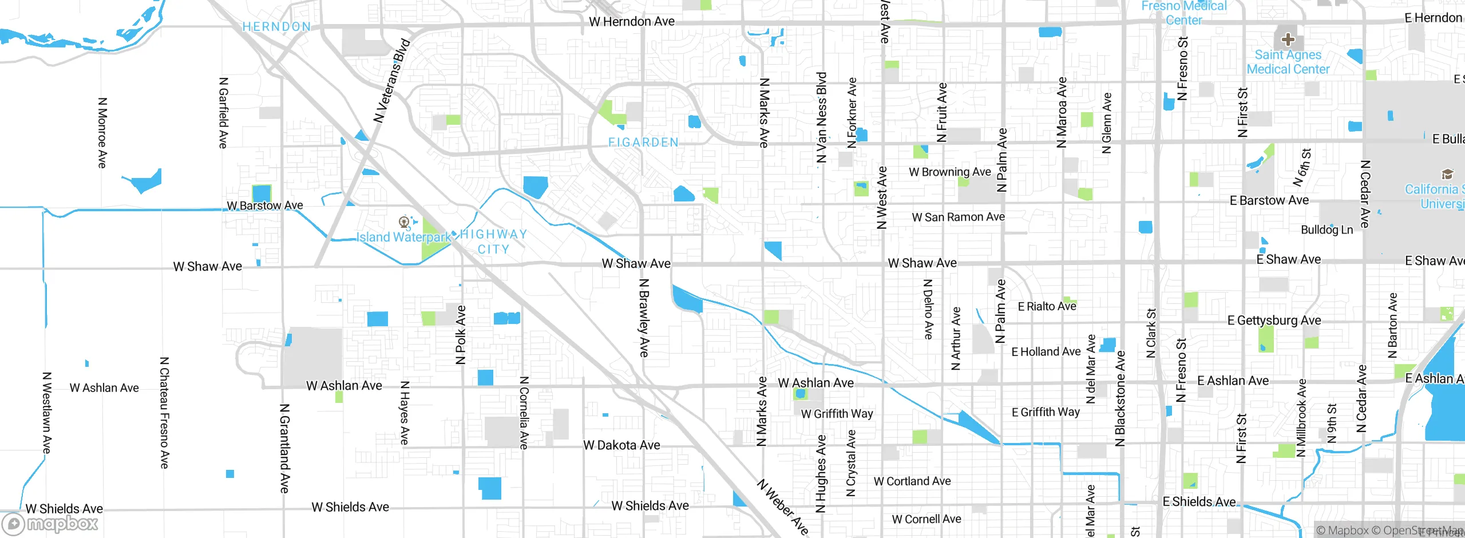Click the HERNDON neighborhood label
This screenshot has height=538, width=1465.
point(276,27)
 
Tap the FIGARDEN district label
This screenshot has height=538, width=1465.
point(643,142)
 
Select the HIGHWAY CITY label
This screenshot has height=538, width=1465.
point(493,242)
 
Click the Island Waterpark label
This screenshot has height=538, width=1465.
point(403,237)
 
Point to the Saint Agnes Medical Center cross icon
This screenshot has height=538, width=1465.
point(1288,39)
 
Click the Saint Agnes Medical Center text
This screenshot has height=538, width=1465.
point(1288,62)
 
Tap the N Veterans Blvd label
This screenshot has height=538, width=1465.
point(392,81)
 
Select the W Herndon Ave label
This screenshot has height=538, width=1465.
point(632,22)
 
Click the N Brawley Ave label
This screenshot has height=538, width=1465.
point(644,318)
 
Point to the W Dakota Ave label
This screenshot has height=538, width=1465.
point(621,445)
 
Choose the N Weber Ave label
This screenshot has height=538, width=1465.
point(783,507)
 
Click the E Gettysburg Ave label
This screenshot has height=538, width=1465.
point(1274,321)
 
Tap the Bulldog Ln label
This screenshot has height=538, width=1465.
point(1327,230)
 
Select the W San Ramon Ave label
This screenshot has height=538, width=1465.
point(958,217)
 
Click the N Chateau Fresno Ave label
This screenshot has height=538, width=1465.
point(164,413)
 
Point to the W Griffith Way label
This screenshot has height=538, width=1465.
point(837,414)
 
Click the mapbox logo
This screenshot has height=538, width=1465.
point(50,523)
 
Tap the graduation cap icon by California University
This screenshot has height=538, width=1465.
point(1447,174)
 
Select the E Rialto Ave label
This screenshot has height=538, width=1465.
point(1047,307)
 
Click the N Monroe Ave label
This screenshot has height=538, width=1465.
point(102,133)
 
